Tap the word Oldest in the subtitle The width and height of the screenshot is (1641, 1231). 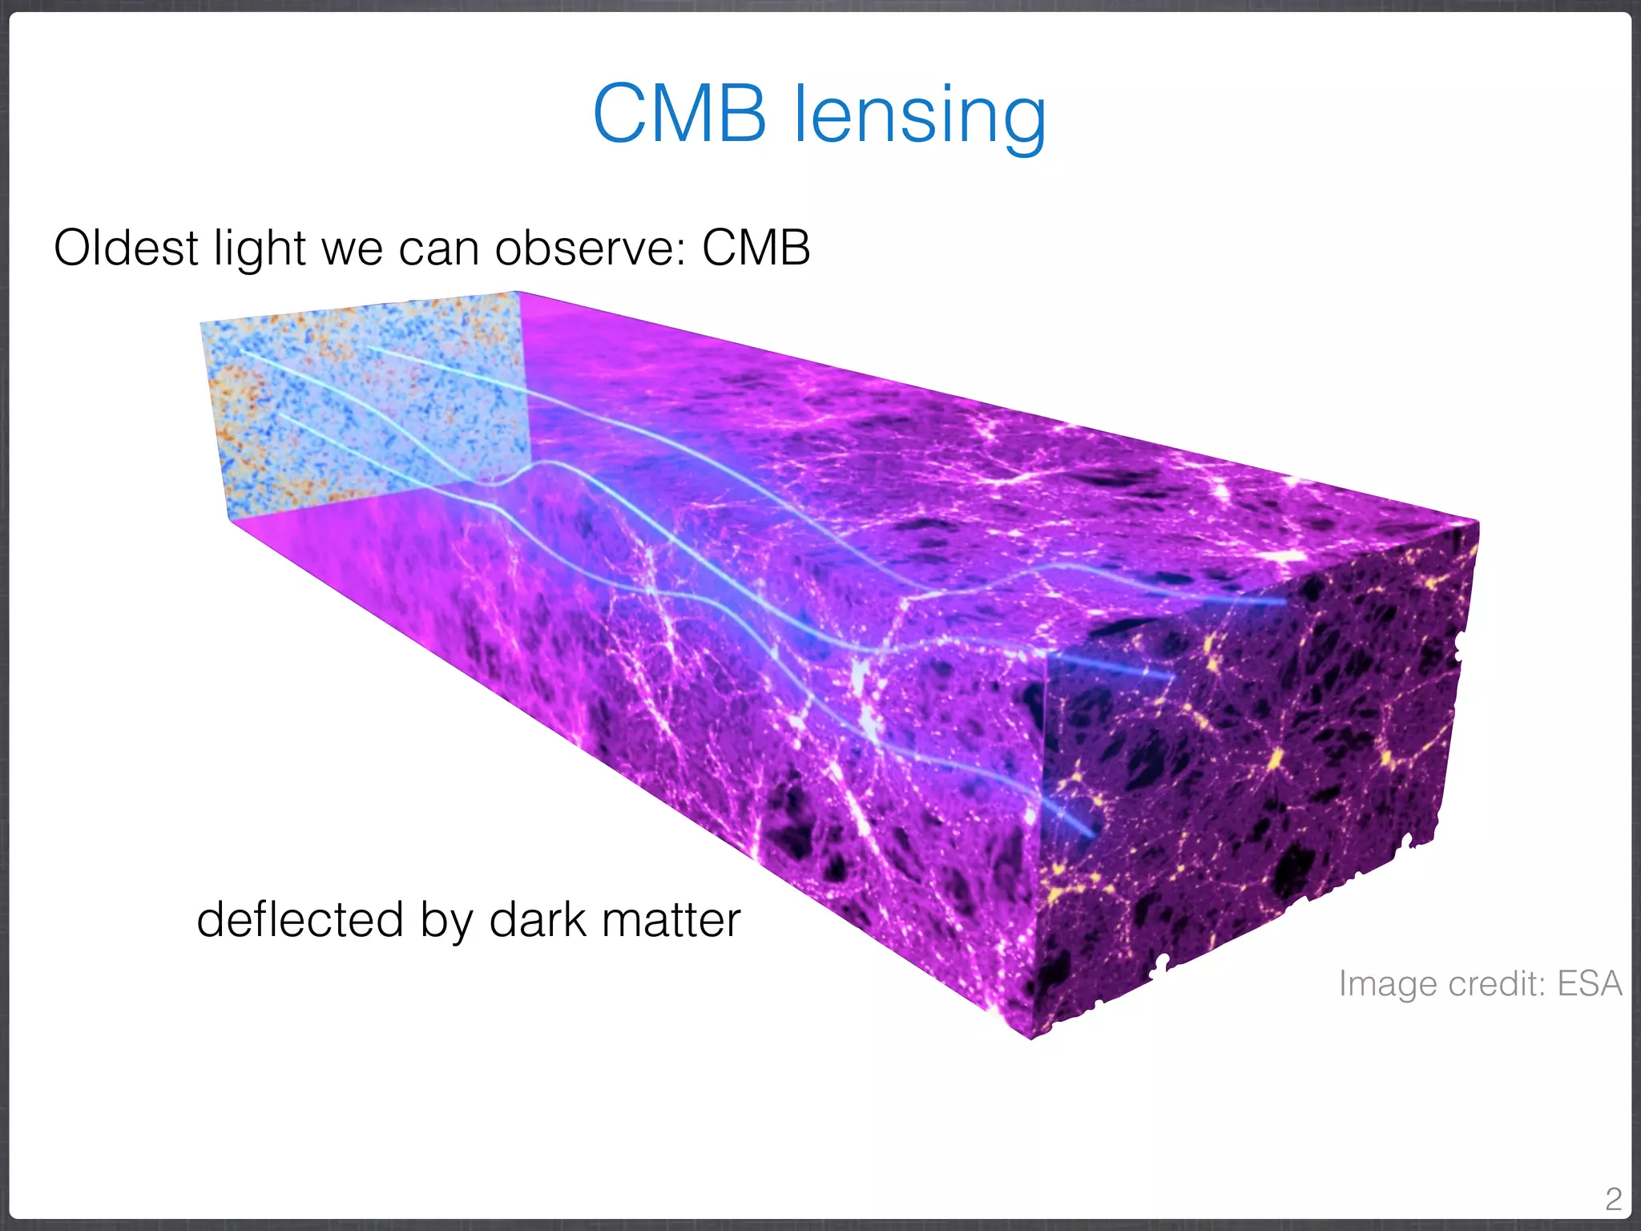click(x=125, y=248)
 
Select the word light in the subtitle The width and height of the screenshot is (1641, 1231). click(x=260, y=249)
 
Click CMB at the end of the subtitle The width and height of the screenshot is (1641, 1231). click(x=756, y=248)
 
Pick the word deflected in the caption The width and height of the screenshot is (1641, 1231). click(x=300, y=919)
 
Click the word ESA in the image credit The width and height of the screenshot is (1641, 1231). click(x=1590, y=983)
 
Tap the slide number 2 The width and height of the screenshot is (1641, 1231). click(x=1613, y=1199)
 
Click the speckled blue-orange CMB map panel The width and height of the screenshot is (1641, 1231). click(x=361, y=401)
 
